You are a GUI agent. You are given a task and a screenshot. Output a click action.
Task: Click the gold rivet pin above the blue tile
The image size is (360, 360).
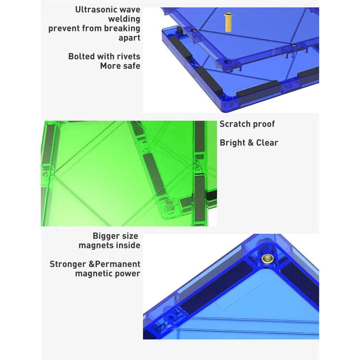(227, 22)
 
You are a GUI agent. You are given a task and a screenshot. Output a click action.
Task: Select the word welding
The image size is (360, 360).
(124, 19)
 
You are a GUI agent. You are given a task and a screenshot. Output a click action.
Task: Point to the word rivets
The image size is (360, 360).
(128, 56)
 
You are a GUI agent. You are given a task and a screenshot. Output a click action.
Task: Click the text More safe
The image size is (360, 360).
(120, 66)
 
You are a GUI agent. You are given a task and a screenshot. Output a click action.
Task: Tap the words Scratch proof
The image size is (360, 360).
(247, 124)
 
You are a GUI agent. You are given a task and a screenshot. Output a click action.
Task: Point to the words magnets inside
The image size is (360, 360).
(109, 245)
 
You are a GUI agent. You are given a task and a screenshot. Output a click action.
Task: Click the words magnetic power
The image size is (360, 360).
(108, 274)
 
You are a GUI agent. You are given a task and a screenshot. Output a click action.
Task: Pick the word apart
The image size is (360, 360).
(129, 38)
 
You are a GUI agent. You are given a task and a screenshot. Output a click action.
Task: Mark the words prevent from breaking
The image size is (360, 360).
(94, 29)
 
